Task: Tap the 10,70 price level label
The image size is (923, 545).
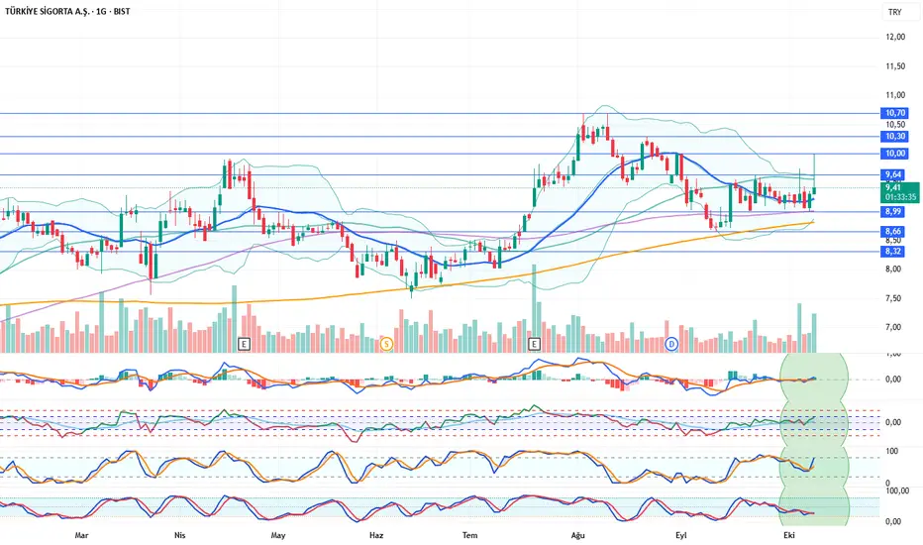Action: click(x=895, y=114)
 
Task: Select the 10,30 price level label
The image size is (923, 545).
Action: click(x=895, y=136)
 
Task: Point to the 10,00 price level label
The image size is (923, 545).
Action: click(x=895, y=154)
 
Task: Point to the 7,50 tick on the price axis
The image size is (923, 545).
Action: click(x=894, y=298)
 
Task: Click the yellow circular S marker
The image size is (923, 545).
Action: click(x=386, y=344)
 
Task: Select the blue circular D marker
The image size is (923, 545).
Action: click(x=671, y=344)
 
